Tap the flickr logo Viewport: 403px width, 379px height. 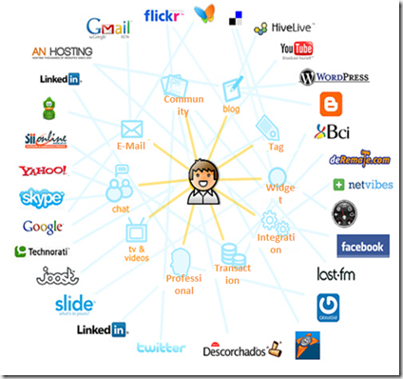pyautogui.click(x=164, y=15)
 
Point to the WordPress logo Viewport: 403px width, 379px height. pyautogui.click(x=333, y=78)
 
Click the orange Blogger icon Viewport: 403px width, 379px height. pyautogui.click(x=331, y=104)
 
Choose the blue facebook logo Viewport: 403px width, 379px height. pyautogui.click(x=362, y=247)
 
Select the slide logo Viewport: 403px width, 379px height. pyautogui.click(x=73, y=305)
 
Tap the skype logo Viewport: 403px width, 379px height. pyautogui.click(x=41, y=198)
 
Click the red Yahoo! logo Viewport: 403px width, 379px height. pyautogui.click(x=42, y=171)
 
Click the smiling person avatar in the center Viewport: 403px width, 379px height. pyautogui.click(x=201, y=181)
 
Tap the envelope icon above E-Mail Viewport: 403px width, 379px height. pyautogui.click(x=131, y=129)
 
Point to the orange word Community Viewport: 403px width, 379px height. pyautogui.click(x=184, y=105)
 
